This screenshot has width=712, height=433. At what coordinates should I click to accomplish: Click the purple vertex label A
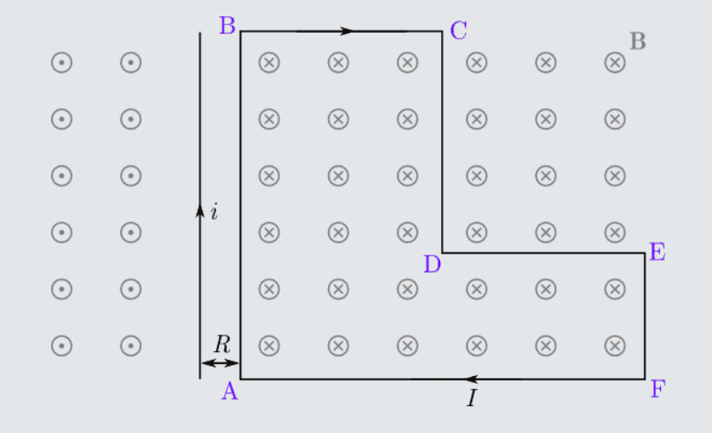tap(230, 391)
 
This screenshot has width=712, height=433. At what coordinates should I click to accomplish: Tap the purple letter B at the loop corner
tap(228, 25)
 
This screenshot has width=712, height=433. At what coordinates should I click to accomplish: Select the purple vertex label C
tap(458, 30)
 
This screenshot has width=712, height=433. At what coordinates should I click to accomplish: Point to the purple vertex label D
tap(432, 264)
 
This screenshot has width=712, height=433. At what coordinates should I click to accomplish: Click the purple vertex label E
tap(658, 252)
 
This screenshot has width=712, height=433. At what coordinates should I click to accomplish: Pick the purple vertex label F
tap(658, 388)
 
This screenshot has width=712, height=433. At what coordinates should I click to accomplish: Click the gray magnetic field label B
tap(638, 41)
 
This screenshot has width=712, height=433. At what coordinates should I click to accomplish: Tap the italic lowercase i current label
tap(214, 211)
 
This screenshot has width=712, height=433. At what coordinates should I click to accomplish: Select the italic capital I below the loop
tap(472, 398)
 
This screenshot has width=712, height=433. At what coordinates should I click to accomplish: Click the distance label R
tap(222, 344)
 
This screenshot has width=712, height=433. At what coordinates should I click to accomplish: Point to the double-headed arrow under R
tap(220, 362)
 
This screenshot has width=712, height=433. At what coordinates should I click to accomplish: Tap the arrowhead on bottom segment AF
tap(472, 379)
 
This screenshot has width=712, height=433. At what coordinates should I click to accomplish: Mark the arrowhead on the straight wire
tap(200, 211)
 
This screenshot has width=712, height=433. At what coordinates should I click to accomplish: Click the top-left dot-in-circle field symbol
tap(62, 62)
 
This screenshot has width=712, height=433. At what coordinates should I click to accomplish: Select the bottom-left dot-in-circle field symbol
tap(62, 346)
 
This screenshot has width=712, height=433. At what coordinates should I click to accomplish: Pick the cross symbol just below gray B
tap(614, 62)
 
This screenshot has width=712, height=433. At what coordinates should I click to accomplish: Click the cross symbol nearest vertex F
tap(614, 346)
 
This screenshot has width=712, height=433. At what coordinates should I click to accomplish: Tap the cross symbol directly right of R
tap(269, 346)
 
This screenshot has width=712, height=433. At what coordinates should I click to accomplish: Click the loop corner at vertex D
tap(442, 253)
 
